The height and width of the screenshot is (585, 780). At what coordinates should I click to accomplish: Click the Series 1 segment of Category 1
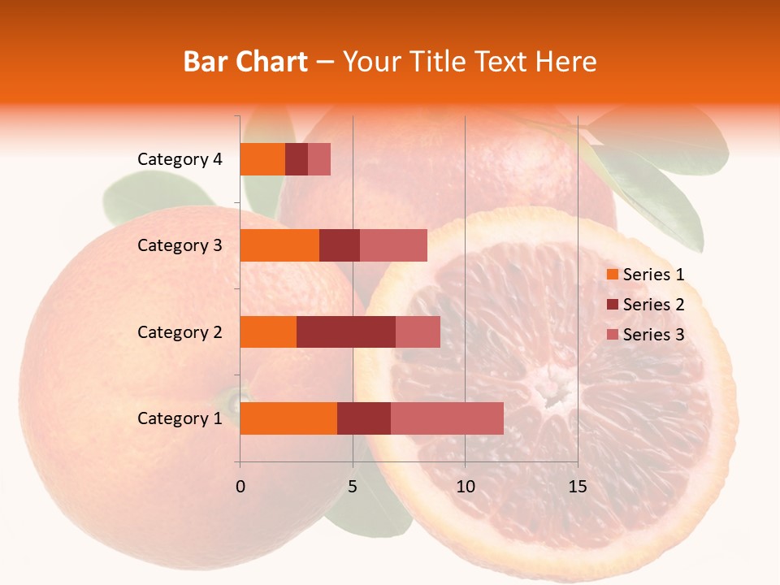point(288,418)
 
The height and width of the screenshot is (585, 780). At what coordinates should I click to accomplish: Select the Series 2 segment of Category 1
point(364,418)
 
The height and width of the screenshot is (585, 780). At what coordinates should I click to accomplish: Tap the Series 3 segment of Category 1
point(447,418)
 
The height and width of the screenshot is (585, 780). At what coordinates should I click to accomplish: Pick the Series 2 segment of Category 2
point(346,331)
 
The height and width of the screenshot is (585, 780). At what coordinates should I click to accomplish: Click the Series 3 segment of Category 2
point(418,331)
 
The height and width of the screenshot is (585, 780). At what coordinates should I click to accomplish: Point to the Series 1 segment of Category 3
point(279,245)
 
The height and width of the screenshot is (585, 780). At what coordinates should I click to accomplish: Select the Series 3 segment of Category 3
point(393,245)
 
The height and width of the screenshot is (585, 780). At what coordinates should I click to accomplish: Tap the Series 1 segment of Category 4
point(262,159)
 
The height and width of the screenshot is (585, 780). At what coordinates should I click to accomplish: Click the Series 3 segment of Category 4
point(319,159)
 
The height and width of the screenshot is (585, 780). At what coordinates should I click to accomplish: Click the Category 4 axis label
point(180,159)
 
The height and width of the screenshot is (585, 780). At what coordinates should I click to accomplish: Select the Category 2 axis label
point(180,331)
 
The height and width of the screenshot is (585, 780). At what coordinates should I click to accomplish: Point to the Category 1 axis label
point(180,418)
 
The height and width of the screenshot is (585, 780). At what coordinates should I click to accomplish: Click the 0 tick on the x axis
point(240,487)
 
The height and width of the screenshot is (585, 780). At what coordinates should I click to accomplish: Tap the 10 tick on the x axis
point(465,487)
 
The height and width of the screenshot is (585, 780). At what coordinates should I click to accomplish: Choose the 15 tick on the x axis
point(577,487)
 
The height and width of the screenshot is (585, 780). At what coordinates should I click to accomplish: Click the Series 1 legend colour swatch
point(612,275)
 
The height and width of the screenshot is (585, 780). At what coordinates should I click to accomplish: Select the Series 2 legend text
point(653,305)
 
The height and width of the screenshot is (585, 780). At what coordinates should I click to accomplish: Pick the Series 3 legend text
point(653,335)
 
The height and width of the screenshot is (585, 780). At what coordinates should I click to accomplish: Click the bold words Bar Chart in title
point(245,62)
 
